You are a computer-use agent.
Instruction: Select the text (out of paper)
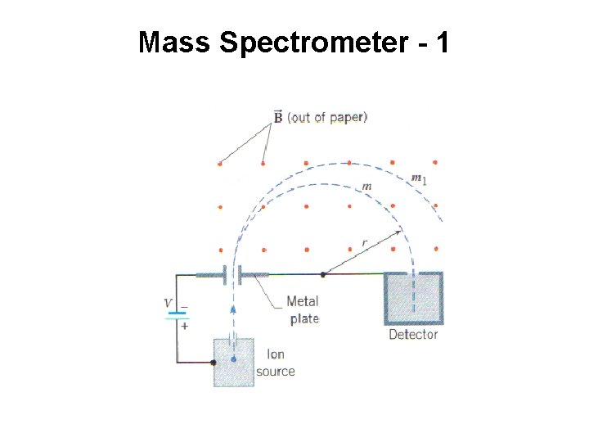[327, 117]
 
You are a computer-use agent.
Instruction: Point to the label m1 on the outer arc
[418, 178]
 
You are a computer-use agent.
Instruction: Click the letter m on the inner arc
[367, 187]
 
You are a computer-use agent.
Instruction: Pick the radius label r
[364, 242]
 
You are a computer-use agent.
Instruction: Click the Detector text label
[413, 334]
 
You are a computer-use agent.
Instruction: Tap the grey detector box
[414, 299]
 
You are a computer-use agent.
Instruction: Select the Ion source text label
[276, 363]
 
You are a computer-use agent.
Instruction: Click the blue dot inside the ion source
[234, 359]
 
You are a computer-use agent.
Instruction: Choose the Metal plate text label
[303, 309]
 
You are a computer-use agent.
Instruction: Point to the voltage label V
[168, 304]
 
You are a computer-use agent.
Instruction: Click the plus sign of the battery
[184, 325]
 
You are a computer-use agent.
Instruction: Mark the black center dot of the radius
[323, 274]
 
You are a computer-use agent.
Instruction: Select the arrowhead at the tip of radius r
[399, 232]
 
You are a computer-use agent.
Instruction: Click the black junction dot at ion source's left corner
[214, 361]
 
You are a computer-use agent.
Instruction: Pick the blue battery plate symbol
[178, 316]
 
